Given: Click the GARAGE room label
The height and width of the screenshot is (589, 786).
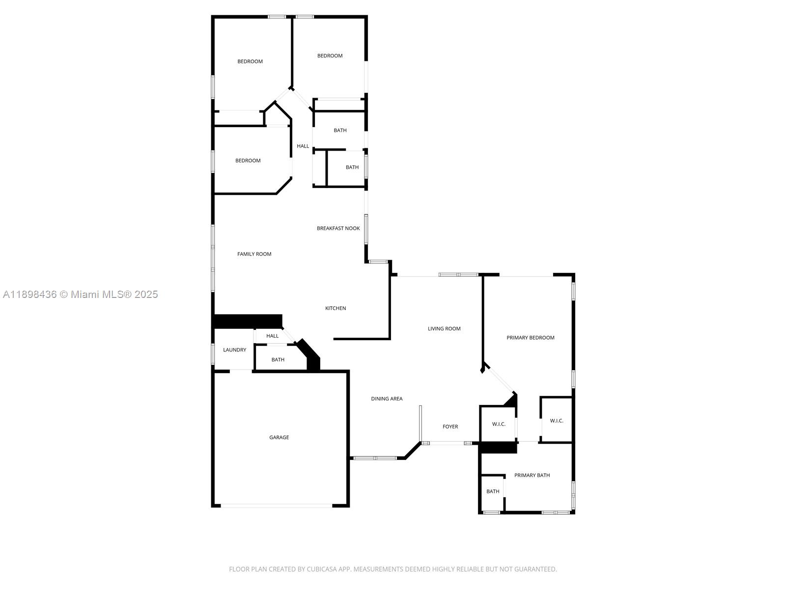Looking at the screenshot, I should coord(279,437).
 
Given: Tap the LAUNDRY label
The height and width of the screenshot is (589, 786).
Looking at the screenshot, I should coord(234,350).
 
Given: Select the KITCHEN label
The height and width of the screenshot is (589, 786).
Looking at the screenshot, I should coord(336,308).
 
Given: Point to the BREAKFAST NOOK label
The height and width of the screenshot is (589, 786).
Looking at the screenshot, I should coord(338,228).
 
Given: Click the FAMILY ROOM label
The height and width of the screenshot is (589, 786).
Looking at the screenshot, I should coord(254,254).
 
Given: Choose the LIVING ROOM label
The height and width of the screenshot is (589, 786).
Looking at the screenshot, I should coord(444,329).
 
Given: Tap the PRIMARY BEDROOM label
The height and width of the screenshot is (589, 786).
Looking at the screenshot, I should coord(531,338).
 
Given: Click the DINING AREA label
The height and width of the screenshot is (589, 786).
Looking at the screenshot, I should coord(387,399).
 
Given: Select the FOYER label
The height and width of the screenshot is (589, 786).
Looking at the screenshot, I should coord(450,427).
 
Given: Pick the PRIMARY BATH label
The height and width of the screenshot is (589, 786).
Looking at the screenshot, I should coord(532,475).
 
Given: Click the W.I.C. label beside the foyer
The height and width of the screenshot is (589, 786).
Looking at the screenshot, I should coord(499,424).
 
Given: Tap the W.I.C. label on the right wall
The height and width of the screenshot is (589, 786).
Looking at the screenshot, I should coord(557,421).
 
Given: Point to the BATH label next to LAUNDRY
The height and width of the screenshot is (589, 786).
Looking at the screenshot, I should coord(278,360).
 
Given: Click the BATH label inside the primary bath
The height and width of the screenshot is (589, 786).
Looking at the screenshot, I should coord(493,491).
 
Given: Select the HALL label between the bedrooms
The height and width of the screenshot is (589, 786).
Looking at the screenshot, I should coord(303,146).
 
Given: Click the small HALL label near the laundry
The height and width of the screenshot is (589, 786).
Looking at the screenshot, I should coord(272,336).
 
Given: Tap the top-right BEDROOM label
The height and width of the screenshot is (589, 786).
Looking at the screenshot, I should coord(330,55).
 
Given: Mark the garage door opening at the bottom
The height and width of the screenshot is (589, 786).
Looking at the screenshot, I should coord(277,506).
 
